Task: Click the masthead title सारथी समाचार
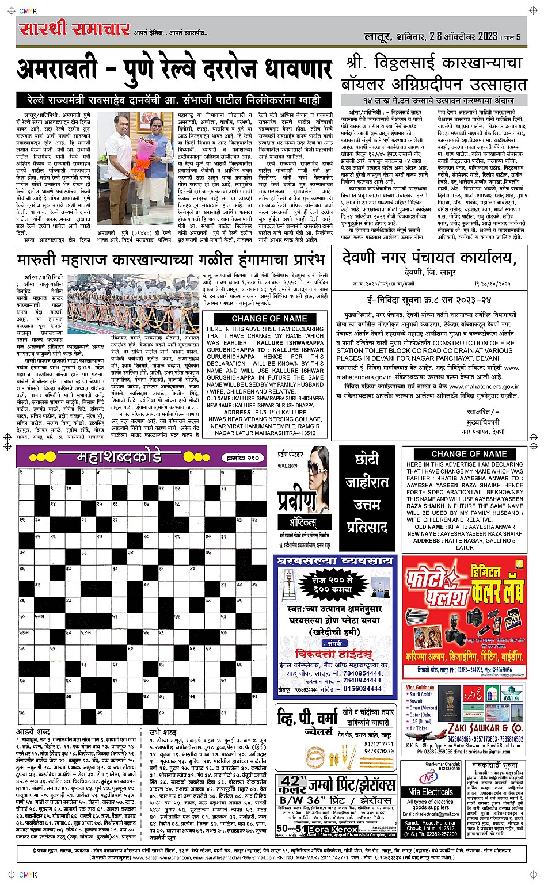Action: point(74,29)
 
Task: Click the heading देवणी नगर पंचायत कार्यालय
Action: point(426,257)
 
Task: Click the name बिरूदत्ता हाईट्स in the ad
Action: point(333,654)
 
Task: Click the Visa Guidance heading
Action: point(420,687)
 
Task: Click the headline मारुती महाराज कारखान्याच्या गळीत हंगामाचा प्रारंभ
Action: point(171,258)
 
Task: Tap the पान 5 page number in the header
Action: point(513,36)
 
